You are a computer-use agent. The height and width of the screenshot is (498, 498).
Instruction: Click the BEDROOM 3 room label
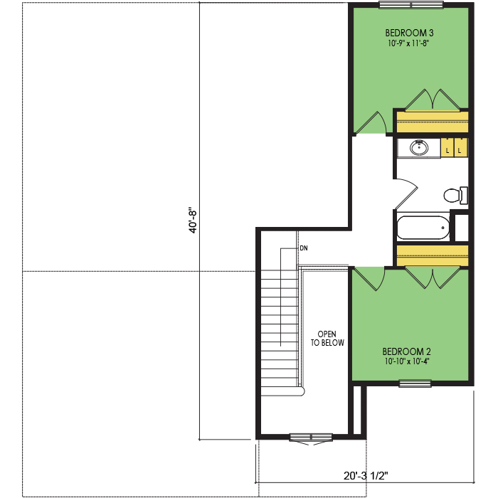click(409, 33)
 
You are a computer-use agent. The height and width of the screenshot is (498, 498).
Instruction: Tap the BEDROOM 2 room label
click(406, 351)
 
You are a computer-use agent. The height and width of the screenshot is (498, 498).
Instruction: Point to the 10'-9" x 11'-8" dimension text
click(408, 43)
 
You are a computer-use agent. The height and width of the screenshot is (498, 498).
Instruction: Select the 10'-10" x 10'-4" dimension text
click(407, 361)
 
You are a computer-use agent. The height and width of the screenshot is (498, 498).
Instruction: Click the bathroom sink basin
click(419, 148)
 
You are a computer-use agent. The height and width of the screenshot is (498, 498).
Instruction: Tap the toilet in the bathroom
click(455, 195)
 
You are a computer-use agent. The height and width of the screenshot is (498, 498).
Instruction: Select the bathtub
click(423, 228)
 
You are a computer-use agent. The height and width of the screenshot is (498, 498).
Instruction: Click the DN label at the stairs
click(304, 248)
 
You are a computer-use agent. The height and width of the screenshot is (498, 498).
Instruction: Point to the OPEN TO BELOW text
click(327, 338)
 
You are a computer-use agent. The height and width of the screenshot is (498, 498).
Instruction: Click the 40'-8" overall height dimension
click(193, 221)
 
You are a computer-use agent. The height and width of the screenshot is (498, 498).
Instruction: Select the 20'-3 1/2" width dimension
click(366, 476)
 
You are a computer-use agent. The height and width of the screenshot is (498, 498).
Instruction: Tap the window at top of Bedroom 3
click(411, 5)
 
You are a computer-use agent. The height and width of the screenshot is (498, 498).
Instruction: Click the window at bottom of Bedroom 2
click(415, 383)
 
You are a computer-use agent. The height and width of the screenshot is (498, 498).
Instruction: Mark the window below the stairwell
click(311, 438)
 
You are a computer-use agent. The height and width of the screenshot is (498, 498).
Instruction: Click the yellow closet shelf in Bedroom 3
click(433, 122)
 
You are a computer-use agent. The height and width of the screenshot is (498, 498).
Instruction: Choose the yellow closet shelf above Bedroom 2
click(433, 255)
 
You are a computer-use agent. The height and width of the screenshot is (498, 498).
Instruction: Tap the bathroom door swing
click(406, 194)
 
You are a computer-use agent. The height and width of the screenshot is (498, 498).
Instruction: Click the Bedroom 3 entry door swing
click(371, 122)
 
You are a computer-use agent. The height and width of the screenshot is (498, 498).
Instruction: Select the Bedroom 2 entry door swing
click(369, 279)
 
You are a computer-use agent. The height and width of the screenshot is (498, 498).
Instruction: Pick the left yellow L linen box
click(447, 147)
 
